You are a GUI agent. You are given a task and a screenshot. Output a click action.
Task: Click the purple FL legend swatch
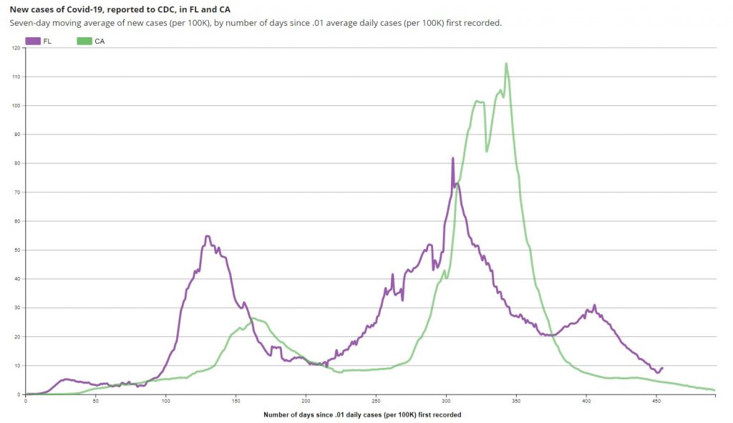[x=33, y=42]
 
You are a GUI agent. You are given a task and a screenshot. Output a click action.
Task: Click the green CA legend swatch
[x=84, y=42]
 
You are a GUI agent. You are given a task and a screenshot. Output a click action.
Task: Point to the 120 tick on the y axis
[x=17, y=48]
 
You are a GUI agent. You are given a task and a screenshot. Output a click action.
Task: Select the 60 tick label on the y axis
[x=18, y=221]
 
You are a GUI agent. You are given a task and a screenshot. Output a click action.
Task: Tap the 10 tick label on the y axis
[x=18, y=366]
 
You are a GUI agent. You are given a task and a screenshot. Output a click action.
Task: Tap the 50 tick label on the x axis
[x=95, y=400]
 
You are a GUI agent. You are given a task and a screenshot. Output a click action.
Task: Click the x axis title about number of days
[x=361, y=415]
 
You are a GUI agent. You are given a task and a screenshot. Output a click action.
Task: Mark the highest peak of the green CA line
[x=506, y=64]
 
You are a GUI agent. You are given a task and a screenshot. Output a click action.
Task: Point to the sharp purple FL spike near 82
[x=453, y=158]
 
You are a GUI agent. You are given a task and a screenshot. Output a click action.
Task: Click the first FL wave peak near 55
[x=208, y=236]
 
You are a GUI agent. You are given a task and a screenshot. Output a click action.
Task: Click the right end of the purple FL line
[x=662, y=368]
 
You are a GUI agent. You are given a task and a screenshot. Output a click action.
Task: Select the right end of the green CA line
[x=714, y=390]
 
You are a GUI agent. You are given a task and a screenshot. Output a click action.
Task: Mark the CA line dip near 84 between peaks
[x=487, y=151]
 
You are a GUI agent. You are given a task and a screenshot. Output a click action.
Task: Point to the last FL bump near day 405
[x=594, y=306]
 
